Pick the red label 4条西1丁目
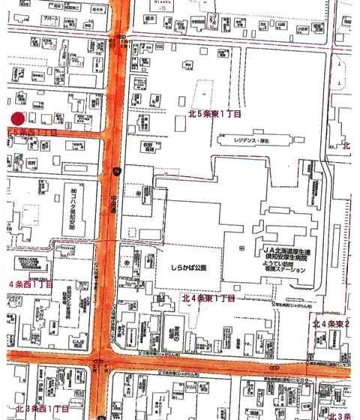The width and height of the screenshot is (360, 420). click(x=30, y=285)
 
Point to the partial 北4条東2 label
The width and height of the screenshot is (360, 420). click(x=335, y=322)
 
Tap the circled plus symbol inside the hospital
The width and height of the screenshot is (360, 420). click(x=240, y=248)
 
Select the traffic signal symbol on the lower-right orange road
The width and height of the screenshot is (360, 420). click(x=277, y=367)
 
